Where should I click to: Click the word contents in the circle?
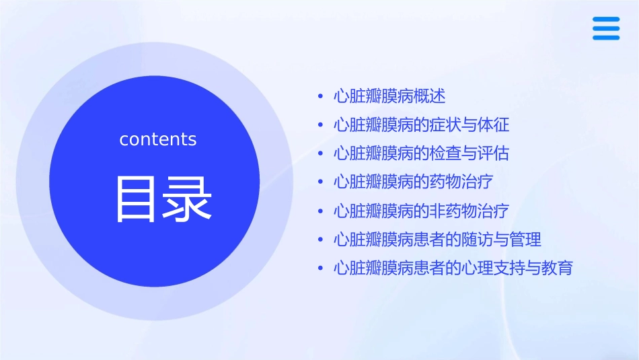[158, 139]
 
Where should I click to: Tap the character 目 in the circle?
[138, 199]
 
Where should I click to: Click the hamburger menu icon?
[606, 28]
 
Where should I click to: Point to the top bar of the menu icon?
[606, 20]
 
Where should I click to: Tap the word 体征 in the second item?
[494, 125]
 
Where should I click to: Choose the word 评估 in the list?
[494, 153]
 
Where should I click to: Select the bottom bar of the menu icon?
[606, 38]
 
